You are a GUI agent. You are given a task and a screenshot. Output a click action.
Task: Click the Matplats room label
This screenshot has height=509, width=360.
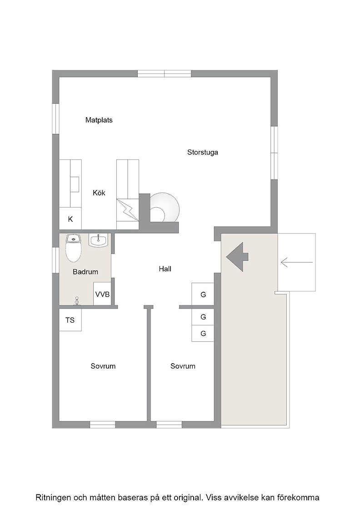pos(99,120)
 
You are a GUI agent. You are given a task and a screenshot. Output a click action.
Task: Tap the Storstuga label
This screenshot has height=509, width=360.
pos(203,152)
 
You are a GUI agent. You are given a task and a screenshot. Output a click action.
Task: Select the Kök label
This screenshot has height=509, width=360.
pos(99,193)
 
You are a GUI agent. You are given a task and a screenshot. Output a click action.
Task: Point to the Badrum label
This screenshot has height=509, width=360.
pos(85,272)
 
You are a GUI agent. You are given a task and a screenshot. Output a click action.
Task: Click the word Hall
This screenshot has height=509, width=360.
pos(165,269)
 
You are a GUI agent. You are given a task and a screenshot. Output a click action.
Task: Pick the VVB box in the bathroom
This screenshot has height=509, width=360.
pos(102,294)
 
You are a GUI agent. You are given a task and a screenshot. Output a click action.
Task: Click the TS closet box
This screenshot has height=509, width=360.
pos(70,320)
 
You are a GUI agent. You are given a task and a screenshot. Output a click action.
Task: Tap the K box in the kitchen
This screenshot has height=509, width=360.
pos(70,219)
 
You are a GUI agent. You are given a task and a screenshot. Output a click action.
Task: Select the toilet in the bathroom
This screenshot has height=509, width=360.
pos(73,248)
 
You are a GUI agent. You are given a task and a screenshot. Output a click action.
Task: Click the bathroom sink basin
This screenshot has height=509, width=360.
pos(98,240)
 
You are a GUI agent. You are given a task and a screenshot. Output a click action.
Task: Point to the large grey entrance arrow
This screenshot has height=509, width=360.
pos(237,257)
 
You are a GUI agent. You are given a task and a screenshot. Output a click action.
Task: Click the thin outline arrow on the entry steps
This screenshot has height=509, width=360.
pos(297,262)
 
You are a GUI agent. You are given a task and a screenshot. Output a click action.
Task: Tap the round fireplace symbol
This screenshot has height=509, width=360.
pos(165,207)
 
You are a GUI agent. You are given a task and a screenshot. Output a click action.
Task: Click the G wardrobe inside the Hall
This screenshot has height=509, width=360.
pos(203,294)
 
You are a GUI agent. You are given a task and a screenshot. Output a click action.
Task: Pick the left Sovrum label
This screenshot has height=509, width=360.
pos(103,366)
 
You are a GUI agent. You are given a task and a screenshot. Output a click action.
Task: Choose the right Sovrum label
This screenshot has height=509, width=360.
pos(183,366)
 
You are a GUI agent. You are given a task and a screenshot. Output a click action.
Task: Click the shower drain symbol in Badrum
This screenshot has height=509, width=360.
pos(77,300)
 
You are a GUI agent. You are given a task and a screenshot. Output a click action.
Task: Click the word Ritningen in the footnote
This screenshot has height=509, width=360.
pos(53,497)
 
